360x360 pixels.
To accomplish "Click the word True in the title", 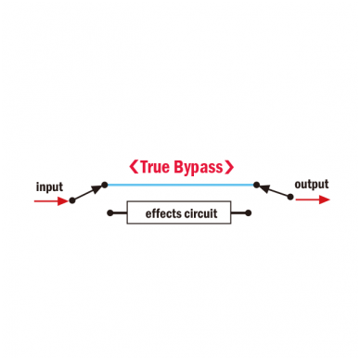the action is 155,167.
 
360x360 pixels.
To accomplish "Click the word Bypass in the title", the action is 199,168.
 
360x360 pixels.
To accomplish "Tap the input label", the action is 49,187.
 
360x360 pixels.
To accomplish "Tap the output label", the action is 312,185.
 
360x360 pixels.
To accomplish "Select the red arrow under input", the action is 51,201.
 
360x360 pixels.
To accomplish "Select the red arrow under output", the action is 313,199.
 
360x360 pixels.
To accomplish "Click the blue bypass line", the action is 181,185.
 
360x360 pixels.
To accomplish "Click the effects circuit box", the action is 179,212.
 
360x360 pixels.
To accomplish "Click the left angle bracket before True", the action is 134,167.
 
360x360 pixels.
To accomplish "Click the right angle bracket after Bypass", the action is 229,167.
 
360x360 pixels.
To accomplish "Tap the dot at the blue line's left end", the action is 105,185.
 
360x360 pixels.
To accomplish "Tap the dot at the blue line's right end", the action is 256,185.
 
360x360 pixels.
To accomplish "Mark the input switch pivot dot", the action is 72,200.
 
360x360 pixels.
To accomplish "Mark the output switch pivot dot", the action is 290,197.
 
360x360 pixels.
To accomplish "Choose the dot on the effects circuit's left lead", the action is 109,212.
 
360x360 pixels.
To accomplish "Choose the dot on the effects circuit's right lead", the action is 248,212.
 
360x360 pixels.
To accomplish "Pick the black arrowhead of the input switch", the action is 97,189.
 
